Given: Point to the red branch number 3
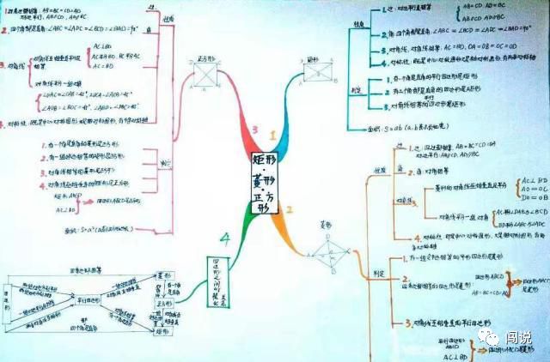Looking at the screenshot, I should click(254, 130).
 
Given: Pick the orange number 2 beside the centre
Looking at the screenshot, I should click(289, 209).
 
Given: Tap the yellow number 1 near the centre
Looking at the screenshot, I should click(274, 136).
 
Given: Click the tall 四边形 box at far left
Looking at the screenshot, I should click(9, 305).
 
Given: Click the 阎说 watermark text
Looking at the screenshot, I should click(520, 337).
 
